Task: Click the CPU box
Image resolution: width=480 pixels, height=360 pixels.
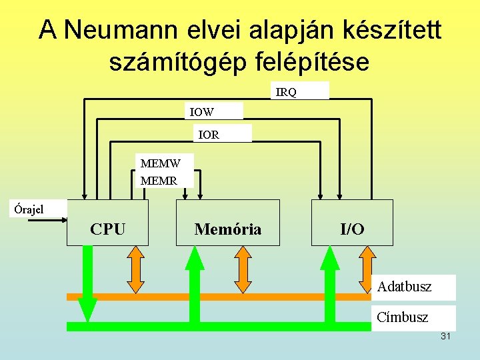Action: click(x=107, y=223)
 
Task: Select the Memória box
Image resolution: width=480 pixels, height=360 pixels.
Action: click(x=228, y=223)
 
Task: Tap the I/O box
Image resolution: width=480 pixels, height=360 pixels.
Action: click(x=352, y=223)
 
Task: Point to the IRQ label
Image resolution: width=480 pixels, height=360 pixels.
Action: click(x=287, y=92)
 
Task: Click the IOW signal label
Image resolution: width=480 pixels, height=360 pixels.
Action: click(x=201, y=112)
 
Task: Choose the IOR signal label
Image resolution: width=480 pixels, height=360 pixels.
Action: click(x=209, y=135)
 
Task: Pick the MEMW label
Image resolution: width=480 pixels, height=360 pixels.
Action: click(x=160, y=163)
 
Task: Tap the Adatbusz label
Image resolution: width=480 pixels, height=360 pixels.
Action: click(x=404, y=287)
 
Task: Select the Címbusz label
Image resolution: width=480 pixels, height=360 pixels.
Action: click(x=402, y=317)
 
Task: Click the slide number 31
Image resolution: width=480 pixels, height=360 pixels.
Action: click(x=445, y=336)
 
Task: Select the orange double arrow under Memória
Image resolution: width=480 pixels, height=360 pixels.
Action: click(x=243, y=269)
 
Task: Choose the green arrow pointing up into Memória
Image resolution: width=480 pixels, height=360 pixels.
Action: click(x=194, y=283)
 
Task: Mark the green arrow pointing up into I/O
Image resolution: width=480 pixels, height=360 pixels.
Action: click(x=330, y=283)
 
